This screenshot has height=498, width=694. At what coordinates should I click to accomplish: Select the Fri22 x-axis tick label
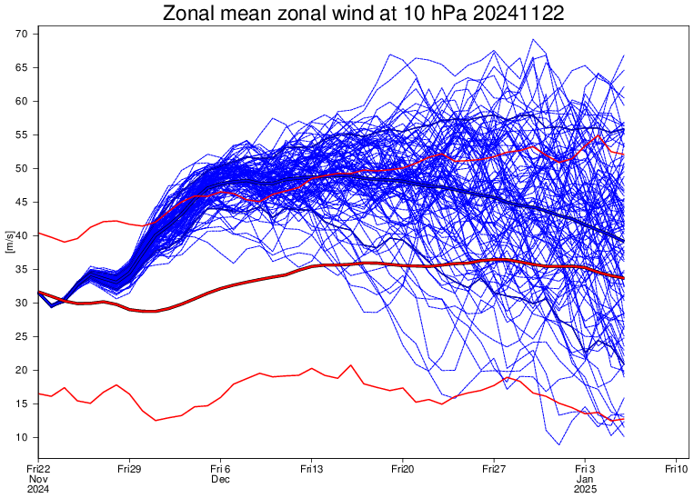[x=38, y=468]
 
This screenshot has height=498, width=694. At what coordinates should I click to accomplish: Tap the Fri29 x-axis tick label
[x=129, y=468]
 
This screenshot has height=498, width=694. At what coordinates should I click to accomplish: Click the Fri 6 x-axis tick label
[x=220, y=468]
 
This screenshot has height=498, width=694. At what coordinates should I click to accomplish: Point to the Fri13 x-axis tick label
[x=312, y=468]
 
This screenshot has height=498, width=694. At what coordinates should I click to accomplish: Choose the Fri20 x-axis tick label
[x=403, y=468]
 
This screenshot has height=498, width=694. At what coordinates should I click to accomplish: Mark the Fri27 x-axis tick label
[x=494, y=468]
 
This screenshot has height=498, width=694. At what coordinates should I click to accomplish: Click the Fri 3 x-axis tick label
[x=585, y=468]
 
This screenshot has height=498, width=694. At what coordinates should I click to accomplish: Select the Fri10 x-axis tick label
[x=676, y=468]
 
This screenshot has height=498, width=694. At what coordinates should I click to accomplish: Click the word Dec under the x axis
[x=220, y=479]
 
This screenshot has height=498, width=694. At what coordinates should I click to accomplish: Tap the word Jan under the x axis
[x=585, y=479]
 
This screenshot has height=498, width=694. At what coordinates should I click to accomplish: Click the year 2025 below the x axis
[x=585, y=490]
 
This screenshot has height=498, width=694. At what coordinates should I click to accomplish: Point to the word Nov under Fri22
[x=38, y=479]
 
